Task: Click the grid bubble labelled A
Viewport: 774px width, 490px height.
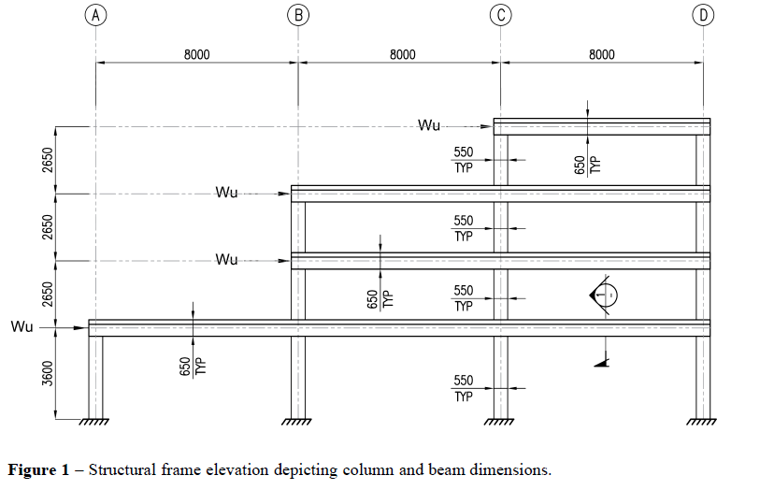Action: click(x=95, y=15)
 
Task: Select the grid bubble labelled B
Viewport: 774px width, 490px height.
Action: click(x=297, y=15)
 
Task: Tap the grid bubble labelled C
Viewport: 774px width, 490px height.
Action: click(x=501, y=15)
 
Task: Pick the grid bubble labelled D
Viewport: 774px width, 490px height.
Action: click(x=703, y=15)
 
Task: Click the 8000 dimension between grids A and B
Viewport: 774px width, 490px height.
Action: click(x=196, y=55)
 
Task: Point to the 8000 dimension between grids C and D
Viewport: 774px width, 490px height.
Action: click(x=602, y=55)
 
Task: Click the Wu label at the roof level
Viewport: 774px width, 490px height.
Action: click(x=430, y=125)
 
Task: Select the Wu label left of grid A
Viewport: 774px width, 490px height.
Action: click(x=22, y=327)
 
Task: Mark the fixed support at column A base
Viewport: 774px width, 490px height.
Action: click(x=95, y=422)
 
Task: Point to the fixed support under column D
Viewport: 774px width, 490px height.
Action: click(x=703, y=422)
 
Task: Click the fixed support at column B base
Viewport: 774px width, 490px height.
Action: click(x=297, y=422)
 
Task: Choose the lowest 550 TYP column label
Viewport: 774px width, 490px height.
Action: click(x=464, y=388)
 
